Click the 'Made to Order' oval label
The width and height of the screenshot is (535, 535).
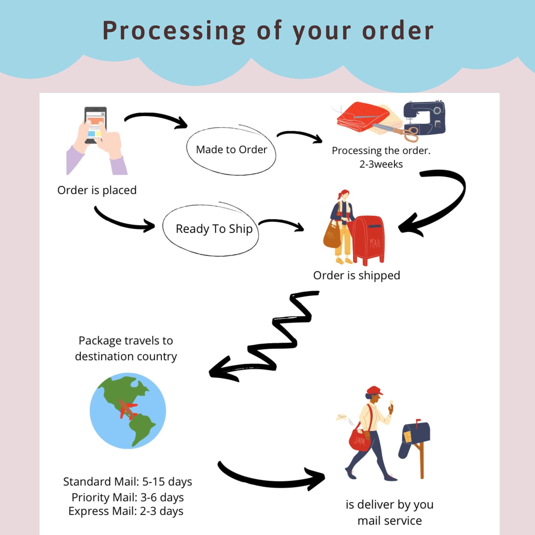click(231, 150)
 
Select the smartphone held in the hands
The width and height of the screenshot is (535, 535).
click(95, 125)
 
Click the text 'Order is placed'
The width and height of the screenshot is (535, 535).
click(97, 190)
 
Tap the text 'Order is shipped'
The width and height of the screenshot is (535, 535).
click(357, 275)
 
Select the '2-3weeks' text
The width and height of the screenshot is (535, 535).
click(381, 164)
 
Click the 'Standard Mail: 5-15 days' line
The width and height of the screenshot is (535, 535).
click(127, 482)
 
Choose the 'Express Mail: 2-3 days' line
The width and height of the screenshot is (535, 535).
click(126, 511)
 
